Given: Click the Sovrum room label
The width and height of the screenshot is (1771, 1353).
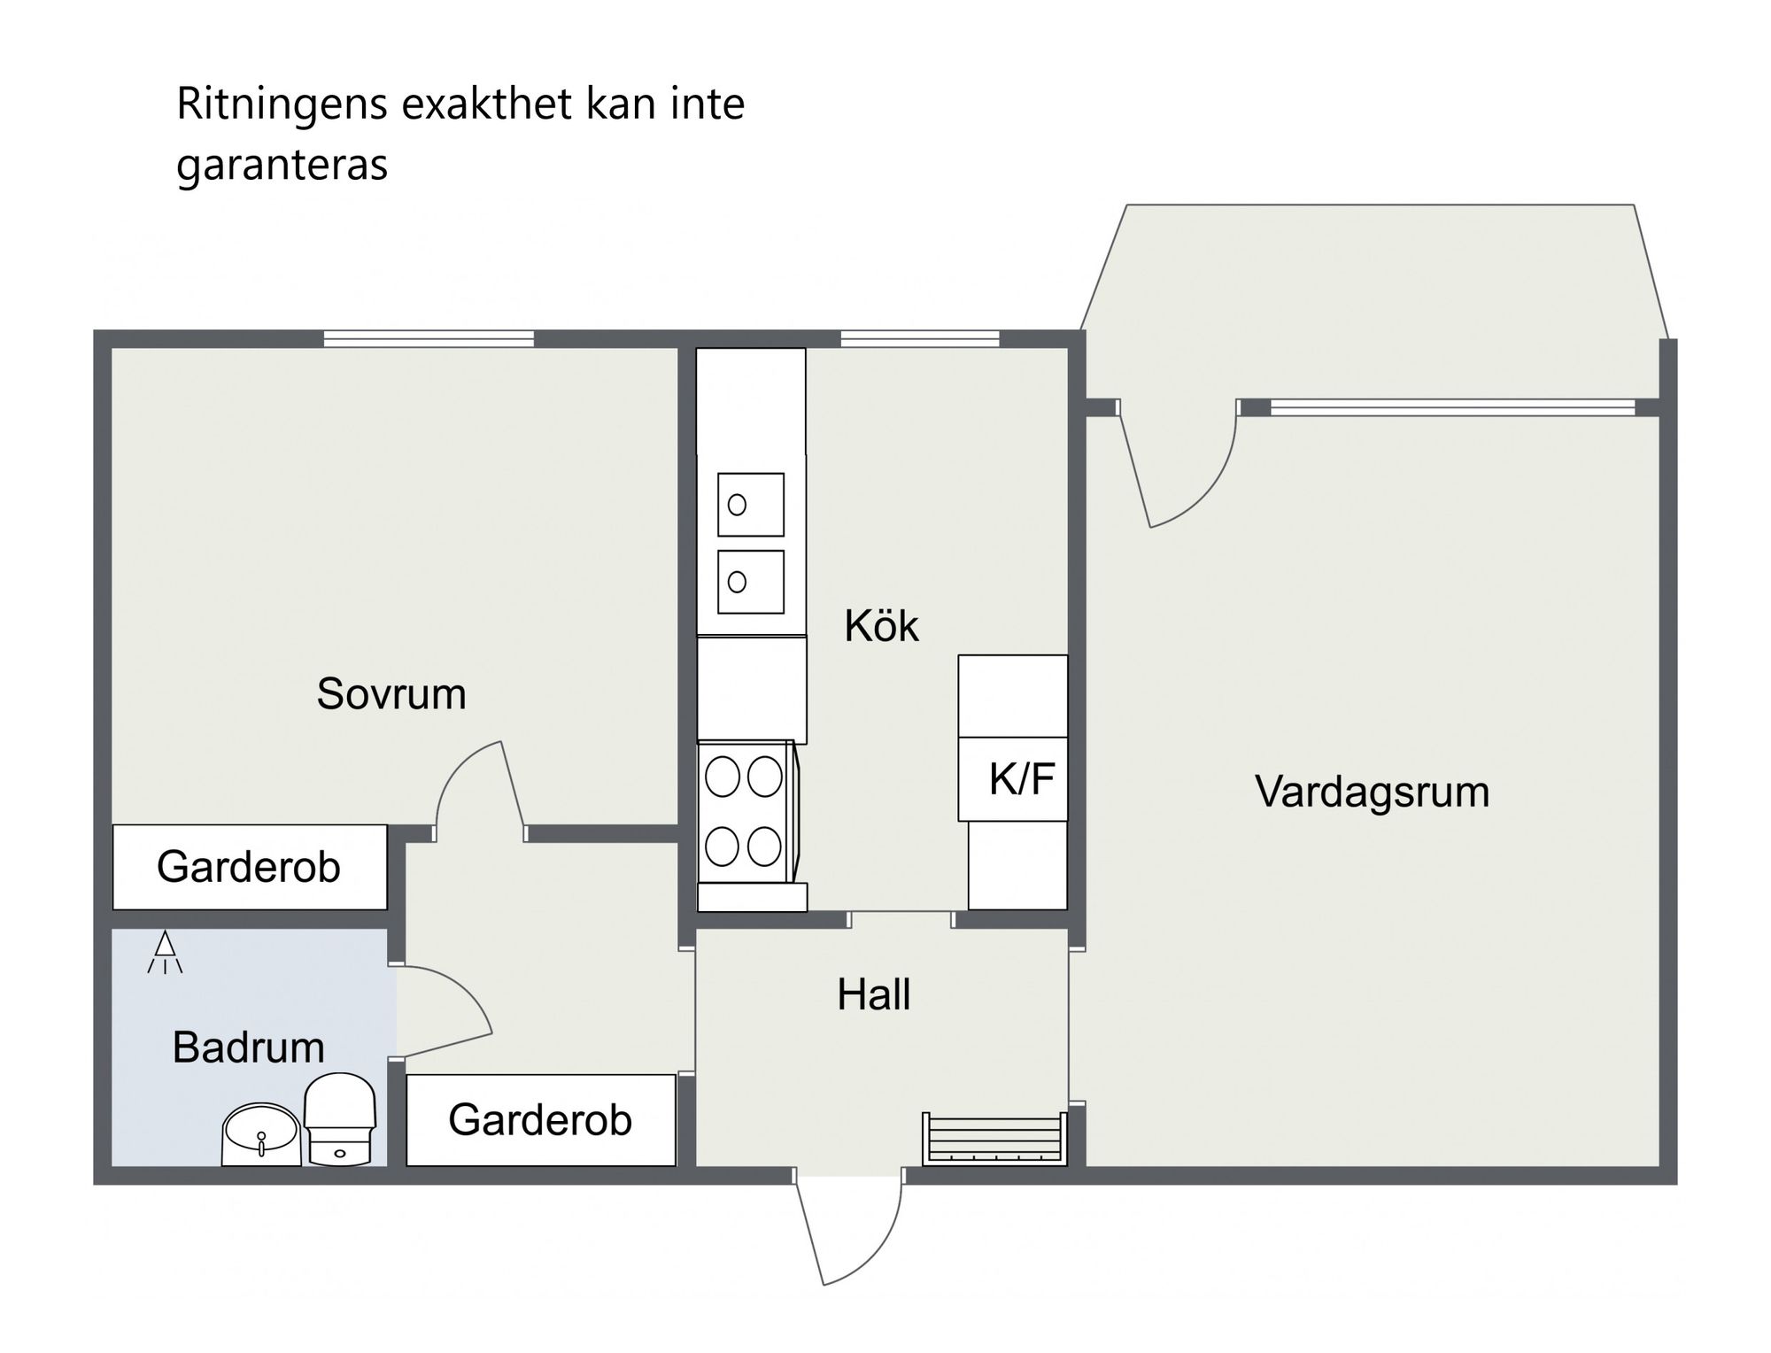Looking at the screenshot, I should pos(391,693).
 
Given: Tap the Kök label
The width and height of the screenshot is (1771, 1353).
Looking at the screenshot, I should pos(881,626).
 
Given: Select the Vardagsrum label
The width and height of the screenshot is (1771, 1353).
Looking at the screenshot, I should pos(1372,792).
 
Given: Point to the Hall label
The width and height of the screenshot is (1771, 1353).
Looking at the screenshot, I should pos(873,994).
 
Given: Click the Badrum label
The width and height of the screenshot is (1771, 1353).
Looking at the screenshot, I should pos(248,1048).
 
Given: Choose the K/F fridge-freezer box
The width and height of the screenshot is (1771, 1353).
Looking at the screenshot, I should pos(1013,778).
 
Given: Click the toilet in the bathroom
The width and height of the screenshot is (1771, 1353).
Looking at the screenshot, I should pos(340,1119).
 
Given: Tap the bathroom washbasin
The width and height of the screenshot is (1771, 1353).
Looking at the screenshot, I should pos(260,1133).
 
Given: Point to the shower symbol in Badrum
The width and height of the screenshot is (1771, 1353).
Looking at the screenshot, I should pos(165,954).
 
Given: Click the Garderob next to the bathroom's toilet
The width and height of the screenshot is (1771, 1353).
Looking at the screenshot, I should pos(540,1120).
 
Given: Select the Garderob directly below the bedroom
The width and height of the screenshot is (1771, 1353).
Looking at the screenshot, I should pos(249,867).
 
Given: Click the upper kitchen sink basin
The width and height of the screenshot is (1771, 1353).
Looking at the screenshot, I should pos(751,505).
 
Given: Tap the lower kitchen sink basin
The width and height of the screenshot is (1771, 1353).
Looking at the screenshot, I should pos(751,582).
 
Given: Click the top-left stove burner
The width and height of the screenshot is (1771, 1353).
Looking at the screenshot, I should pos(723,778).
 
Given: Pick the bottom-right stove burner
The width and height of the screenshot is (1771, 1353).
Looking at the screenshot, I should pos(764,847).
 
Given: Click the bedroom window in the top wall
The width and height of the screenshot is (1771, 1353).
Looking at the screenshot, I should pos(429,338).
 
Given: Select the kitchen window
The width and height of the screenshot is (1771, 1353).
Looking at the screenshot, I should pos(920,338).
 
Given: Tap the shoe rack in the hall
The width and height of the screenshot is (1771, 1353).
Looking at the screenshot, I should pos(993,1139).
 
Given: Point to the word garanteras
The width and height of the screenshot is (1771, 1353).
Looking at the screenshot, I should pos(282,165).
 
